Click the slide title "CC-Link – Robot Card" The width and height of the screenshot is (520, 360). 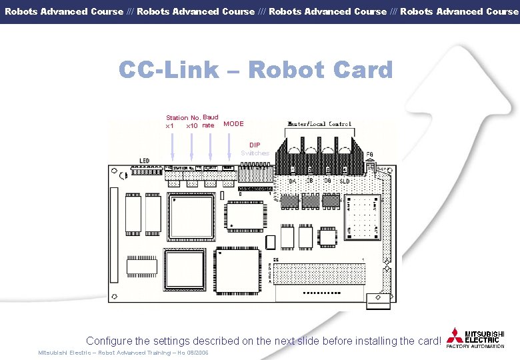point(256,69)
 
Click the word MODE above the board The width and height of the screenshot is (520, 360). point(233,123)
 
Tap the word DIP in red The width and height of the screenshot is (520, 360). point(255,145)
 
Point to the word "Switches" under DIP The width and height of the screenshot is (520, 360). point(255,153)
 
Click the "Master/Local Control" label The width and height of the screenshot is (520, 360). point(319,124)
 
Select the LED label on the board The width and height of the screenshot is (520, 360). point(145,161)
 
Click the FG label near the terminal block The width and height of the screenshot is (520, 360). point(371,154)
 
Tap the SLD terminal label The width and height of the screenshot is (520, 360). point(345,181)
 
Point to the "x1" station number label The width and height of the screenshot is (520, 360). point(170,126)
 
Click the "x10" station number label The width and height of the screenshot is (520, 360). point(192,126)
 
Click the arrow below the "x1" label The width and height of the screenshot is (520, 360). point(172,147)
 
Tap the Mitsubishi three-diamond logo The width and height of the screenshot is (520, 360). point(455,335)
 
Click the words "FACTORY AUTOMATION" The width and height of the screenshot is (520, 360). point(475,347)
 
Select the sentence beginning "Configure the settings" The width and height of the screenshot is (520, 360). point(264,341)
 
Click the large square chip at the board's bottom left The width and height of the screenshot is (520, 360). point(185,271)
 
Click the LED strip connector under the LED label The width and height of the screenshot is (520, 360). point(143,171)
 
